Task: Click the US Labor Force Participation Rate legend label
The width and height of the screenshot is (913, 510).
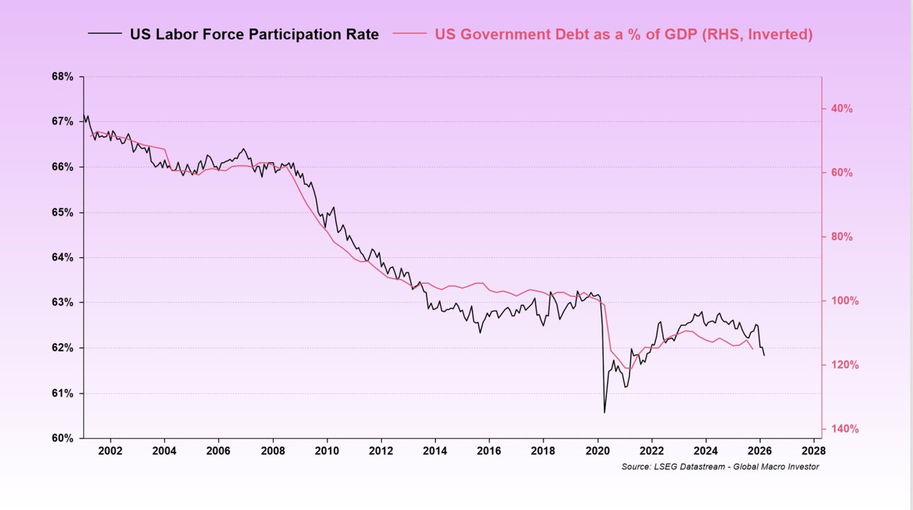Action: (x=255, y=34)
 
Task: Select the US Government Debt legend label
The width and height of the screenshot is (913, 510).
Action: (x=623, y=34)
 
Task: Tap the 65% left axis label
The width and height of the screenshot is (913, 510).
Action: (x=63, y=212)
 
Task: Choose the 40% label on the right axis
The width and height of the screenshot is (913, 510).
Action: (x=842, y=109)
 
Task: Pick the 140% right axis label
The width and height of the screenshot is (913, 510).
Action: (x=844, y=429)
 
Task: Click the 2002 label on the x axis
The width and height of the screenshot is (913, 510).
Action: (x=110, y=451)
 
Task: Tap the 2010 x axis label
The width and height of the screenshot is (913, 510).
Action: (x=327, y=451)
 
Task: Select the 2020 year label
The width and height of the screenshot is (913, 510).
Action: (x=598, y=451)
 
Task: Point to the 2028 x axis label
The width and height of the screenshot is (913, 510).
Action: (x=814, y=451)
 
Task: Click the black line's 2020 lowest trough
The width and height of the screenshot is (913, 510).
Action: (x=604, y=412)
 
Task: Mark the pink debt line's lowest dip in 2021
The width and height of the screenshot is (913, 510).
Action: (x=628, y=368)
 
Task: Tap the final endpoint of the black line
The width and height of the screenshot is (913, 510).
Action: (x=765, y=355)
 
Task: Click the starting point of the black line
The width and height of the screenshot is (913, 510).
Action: (x=83, y=115)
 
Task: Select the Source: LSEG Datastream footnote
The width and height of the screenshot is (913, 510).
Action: (x=720, y=467)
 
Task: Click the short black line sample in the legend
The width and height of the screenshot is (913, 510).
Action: (x=105, y=33)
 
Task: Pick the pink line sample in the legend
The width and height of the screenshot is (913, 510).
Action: (x=410, y=33)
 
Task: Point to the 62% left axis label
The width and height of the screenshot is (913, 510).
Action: (x=63, y=348)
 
